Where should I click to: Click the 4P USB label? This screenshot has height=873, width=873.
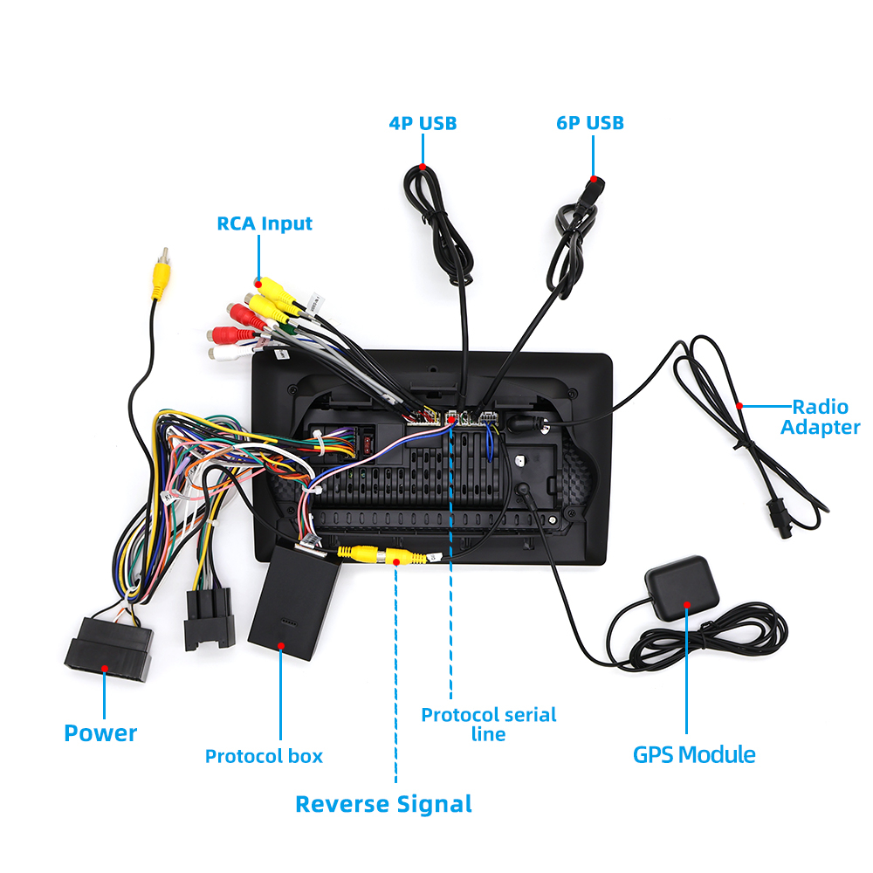pyautogui.click(x=423, y=123)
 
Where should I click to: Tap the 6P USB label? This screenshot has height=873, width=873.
pyautogui.click(x=590, y=123)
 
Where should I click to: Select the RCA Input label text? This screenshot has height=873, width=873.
pyautogui.click(x=265, y=223)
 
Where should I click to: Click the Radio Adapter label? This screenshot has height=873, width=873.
pyautogui.click(x=820, y=416)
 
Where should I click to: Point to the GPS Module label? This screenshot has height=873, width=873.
pyautogui.click(x=694, y=754)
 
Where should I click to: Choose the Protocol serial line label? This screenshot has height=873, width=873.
pyautogui.click(x=488, y=724)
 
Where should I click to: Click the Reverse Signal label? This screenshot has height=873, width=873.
pyautogui.click(x=383, y=803)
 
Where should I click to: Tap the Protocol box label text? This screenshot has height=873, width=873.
pyautogui.click(x=264, y=756)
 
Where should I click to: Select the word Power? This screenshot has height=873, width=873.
pyautogui.click(x=100, y=733)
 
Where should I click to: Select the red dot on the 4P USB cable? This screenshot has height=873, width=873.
pyautogui.click(x=422, y=167)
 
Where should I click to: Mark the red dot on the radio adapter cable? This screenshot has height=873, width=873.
pyautogui.click(x=740, y=406)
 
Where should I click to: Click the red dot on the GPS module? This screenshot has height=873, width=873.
pyautogui.click(x=688, y=604)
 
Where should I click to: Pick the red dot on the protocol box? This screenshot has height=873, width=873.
pyautogui.click(x=281, y=646)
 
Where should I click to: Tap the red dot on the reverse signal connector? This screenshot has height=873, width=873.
pyautogui.click(x=397, y=562)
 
